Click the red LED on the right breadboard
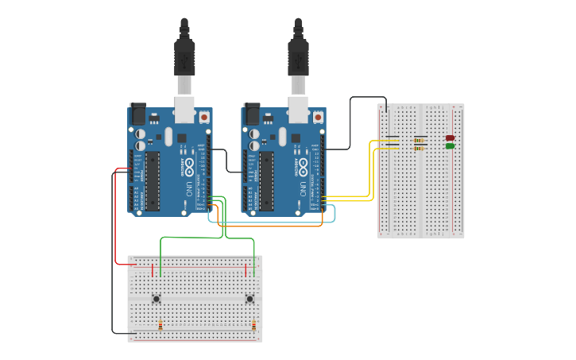450,138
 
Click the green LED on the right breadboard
450,146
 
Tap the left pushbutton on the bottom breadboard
157,299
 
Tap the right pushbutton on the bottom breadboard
249,299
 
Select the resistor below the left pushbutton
160,325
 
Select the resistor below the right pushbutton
253,325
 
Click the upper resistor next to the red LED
419,141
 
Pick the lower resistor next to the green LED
419,148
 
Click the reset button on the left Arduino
204,117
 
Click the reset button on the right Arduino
318,117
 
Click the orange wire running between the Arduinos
270,226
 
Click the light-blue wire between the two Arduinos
270,222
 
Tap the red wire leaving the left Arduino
115,223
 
